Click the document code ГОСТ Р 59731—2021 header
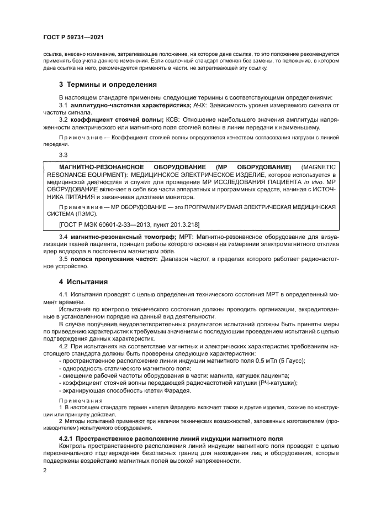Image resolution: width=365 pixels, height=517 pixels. point(75,38)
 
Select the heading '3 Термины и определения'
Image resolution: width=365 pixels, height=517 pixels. point(108,85)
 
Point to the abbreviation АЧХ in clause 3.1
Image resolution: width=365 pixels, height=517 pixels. point(200,105)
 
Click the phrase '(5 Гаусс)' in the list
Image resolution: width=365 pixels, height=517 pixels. point(298,361)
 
